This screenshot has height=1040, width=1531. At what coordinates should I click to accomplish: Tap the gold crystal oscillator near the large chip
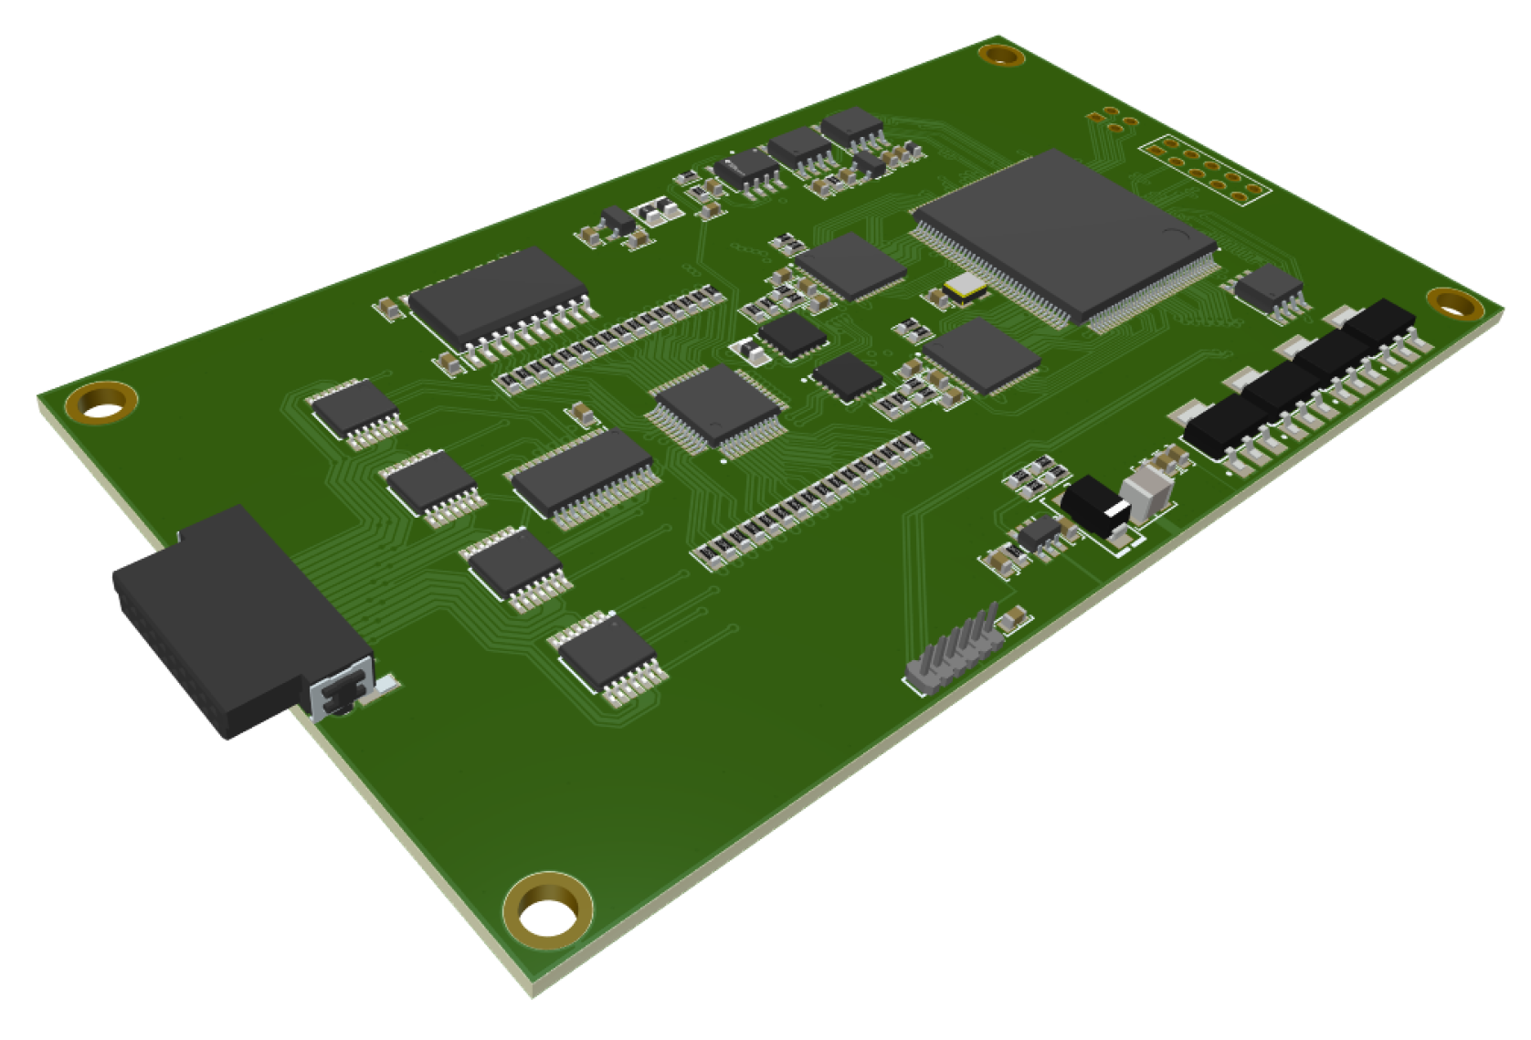tap(966, 288)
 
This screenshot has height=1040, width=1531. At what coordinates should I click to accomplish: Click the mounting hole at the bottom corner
tap(546, 910)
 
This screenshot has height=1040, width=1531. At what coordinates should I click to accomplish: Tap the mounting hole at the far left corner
tap(101, 403)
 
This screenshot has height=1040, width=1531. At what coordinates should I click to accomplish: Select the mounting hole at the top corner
tap(1001, 55)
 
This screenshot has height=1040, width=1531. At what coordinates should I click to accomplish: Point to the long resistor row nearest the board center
tap(811, 500)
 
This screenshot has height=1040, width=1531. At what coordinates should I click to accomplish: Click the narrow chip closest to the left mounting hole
tap(355, 411)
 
